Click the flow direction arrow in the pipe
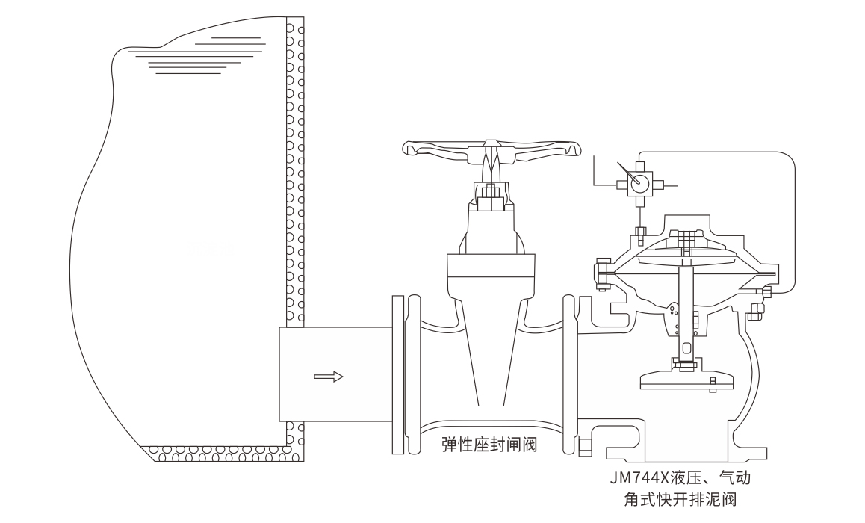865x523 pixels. pyautogui.click(x=328, y=377)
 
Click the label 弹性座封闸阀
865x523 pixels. pyautogui.click(x=489, y=445)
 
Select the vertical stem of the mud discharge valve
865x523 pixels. pyautogui.click(x=685, y=314)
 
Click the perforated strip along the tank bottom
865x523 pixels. pyautogui.click(x=224, y=453)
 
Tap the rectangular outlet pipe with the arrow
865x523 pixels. pyautogui.click(x=335, y=374)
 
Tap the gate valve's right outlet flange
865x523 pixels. pyautogui.click(x=574, y=374)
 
